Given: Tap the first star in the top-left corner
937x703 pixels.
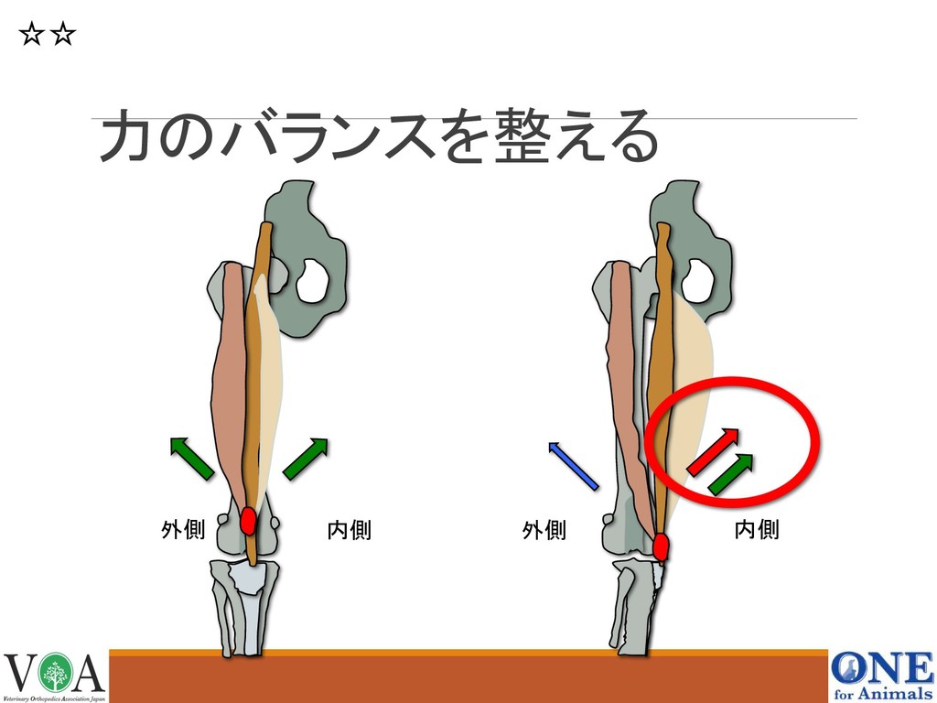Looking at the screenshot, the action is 31,36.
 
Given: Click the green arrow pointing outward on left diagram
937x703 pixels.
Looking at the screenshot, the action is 192,458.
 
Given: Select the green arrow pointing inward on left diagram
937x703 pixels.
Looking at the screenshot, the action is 306,458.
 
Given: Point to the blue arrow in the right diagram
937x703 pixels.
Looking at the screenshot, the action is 573,465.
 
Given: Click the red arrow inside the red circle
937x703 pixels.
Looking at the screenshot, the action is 715,450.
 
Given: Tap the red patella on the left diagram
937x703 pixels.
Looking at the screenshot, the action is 248,521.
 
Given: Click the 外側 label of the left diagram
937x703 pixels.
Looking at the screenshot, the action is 182,530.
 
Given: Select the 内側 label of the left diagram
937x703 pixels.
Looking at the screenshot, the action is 349,530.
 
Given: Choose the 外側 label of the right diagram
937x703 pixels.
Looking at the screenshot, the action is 544,530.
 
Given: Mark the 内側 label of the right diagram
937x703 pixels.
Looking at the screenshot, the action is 757,529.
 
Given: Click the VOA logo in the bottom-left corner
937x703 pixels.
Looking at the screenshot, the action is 54,676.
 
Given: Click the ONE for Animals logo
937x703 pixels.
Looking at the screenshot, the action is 881,676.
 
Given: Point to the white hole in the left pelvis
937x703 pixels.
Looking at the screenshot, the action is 313,278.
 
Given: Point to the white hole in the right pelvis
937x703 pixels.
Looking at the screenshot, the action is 697,278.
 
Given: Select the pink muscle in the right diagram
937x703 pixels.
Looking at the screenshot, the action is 625,366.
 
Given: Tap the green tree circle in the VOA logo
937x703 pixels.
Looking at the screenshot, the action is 55,673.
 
